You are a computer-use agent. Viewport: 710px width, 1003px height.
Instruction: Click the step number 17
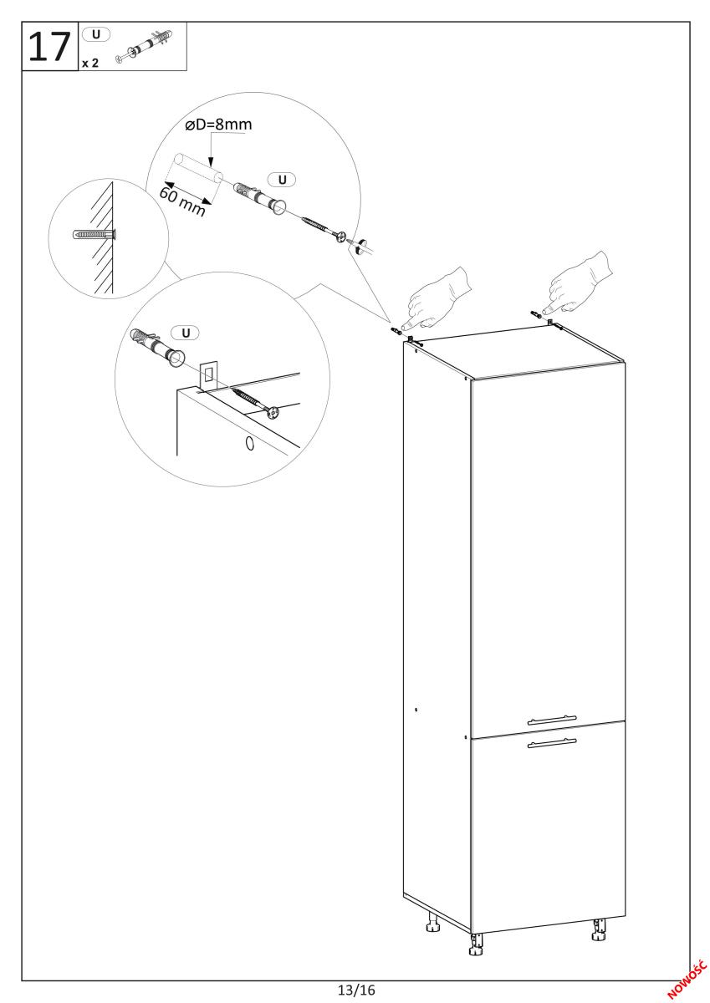click(x=49, y=48)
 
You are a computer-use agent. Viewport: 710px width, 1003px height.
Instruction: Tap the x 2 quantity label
click(x=90, y=64)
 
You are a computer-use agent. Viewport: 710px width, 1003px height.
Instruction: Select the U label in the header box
click(x=96, y=34)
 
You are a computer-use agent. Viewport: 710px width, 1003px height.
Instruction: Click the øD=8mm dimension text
click(x=218, y=124)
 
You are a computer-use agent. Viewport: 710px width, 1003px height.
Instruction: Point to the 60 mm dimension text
click(x=182, y=201)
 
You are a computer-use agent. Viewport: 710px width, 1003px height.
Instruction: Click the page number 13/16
click(x=356, y=990)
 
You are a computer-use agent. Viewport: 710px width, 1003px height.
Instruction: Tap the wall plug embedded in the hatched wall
click(x=94, y=234)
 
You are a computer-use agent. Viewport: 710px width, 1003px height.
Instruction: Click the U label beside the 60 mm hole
click(x=282, y=180)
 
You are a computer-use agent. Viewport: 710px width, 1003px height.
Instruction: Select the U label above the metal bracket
click(x=186, y=333)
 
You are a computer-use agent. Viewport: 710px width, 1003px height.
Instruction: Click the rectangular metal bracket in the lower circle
click(x=208, y=375)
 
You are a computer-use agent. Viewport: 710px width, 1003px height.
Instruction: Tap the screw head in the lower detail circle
click(x=273, y=412)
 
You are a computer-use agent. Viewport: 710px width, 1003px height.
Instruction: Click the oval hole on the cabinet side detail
click(x=249, y=444)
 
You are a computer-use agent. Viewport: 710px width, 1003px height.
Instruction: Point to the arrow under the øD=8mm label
click(x=211, y=151)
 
